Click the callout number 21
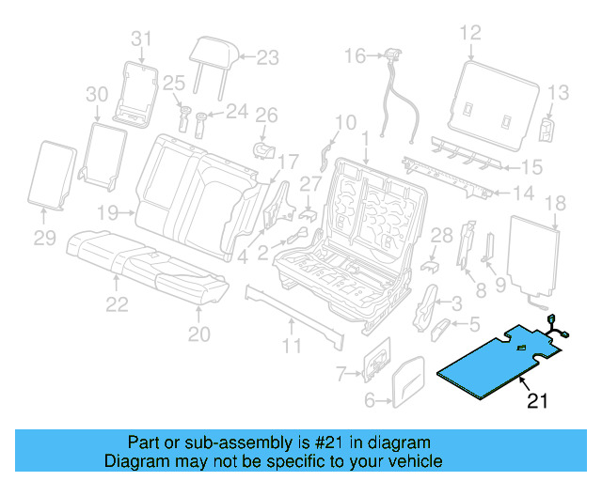coord(537,403)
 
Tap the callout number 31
coord(140,39)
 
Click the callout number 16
coord(354,56)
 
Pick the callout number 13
coord(558,92)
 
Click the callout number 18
coord(555,202)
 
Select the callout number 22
coord(116,303)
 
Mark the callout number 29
coord(45,239)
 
